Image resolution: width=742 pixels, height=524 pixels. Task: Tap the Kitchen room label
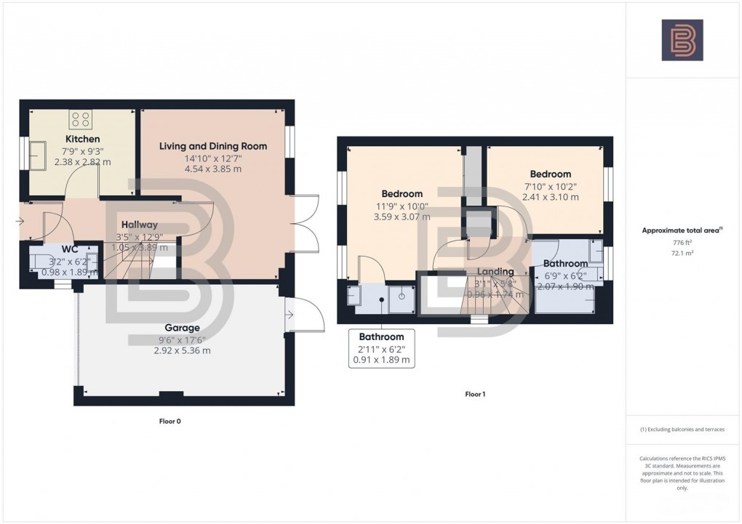coord(83,139)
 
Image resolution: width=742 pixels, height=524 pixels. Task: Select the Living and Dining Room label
coord(213,146)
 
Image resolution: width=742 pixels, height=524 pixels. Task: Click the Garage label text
coord(182,328)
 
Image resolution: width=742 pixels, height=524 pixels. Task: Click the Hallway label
coord(140,225)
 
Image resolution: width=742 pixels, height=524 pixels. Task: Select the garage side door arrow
coord(290,315)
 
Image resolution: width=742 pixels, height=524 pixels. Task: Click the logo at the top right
coord(682,40)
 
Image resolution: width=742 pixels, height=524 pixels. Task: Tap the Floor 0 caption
coord(169,421)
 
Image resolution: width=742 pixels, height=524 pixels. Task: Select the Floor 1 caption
coord(475,394)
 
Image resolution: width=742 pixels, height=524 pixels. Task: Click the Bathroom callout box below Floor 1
coord(382,348)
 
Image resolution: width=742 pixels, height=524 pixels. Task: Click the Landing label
coord(497,272)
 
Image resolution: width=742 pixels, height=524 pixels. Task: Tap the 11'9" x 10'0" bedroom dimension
coord(402,206)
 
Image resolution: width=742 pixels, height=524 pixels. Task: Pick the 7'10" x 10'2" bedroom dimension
coord(549,186)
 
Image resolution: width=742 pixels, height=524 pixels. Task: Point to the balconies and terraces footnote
coord(682,430)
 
